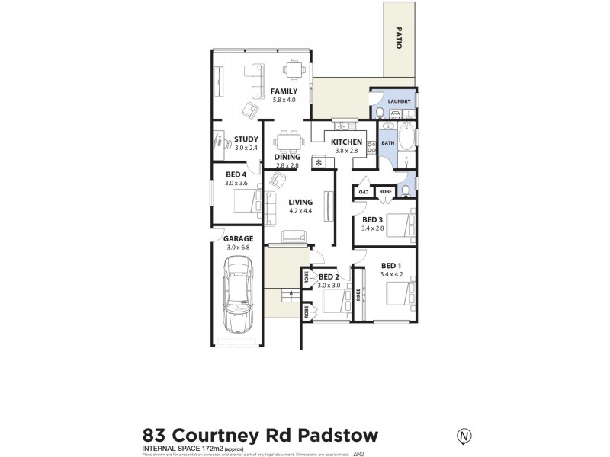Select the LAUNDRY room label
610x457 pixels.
400,102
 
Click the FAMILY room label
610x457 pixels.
284,91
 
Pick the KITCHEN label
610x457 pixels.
346,142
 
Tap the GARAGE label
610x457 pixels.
239,238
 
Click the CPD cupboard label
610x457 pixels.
364,193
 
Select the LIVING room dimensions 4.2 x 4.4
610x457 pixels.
300,211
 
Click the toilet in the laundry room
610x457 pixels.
379,112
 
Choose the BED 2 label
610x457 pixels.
329,276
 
